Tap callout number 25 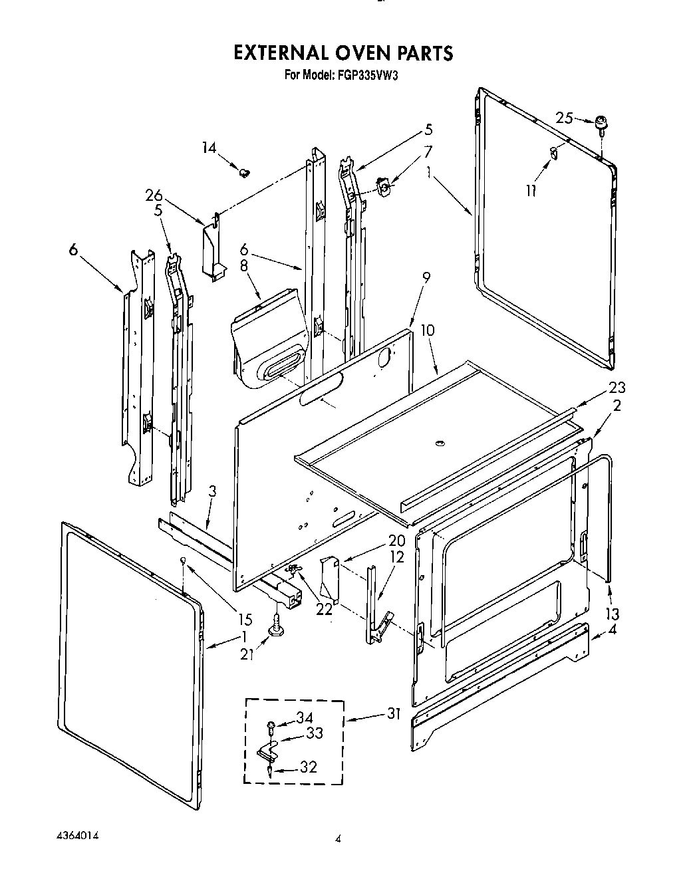[x=564, y=118]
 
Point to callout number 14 [x=209, y=147]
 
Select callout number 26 [x=154, y=195]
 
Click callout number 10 [x=427, y=330]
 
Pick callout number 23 [x=617, y=388]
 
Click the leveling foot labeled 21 [x=274, y=626]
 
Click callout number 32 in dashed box [x=308, y=767]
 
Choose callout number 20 [x=378, y=540]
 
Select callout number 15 [x=245, y=619]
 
